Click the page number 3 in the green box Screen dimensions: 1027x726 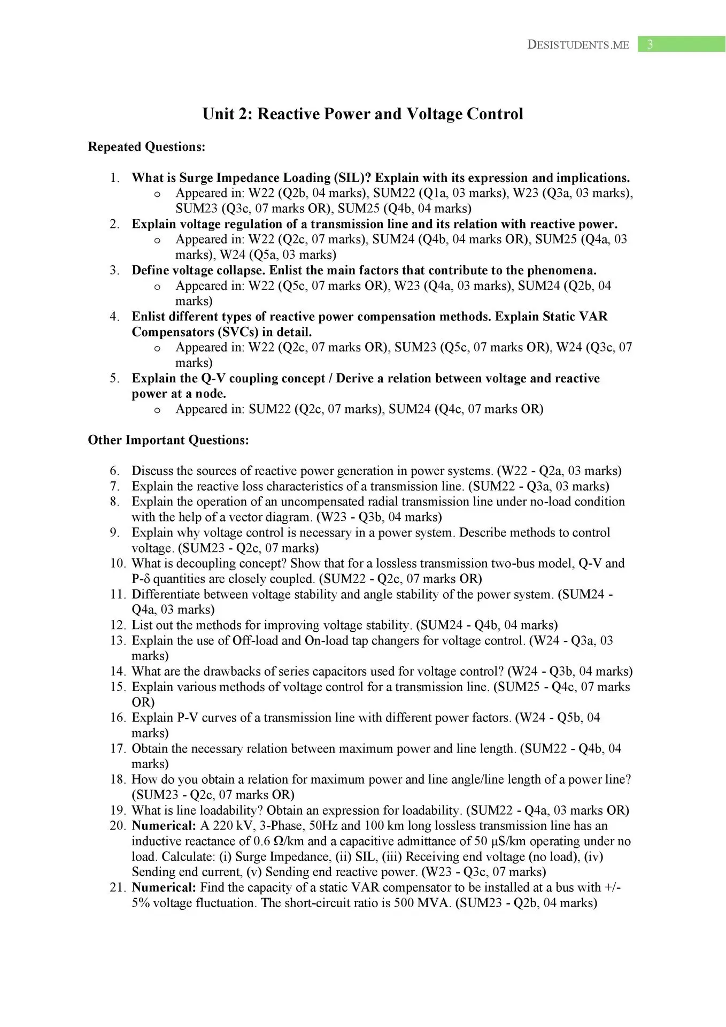point(650,44)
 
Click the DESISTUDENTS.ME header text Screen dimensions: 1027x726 point(578,45)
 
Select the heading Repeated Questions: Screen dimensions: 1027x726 point(146,147)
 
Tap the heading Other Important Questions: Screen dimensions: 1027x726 point(168,440)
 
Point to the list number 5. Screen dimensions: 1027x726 point(114,379)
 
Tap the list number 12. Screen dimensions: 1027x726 point(117,625)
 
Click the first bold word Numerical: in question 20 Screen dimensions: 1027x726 point(164,825)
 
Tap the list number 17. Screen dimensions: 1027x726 point(117,749)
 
